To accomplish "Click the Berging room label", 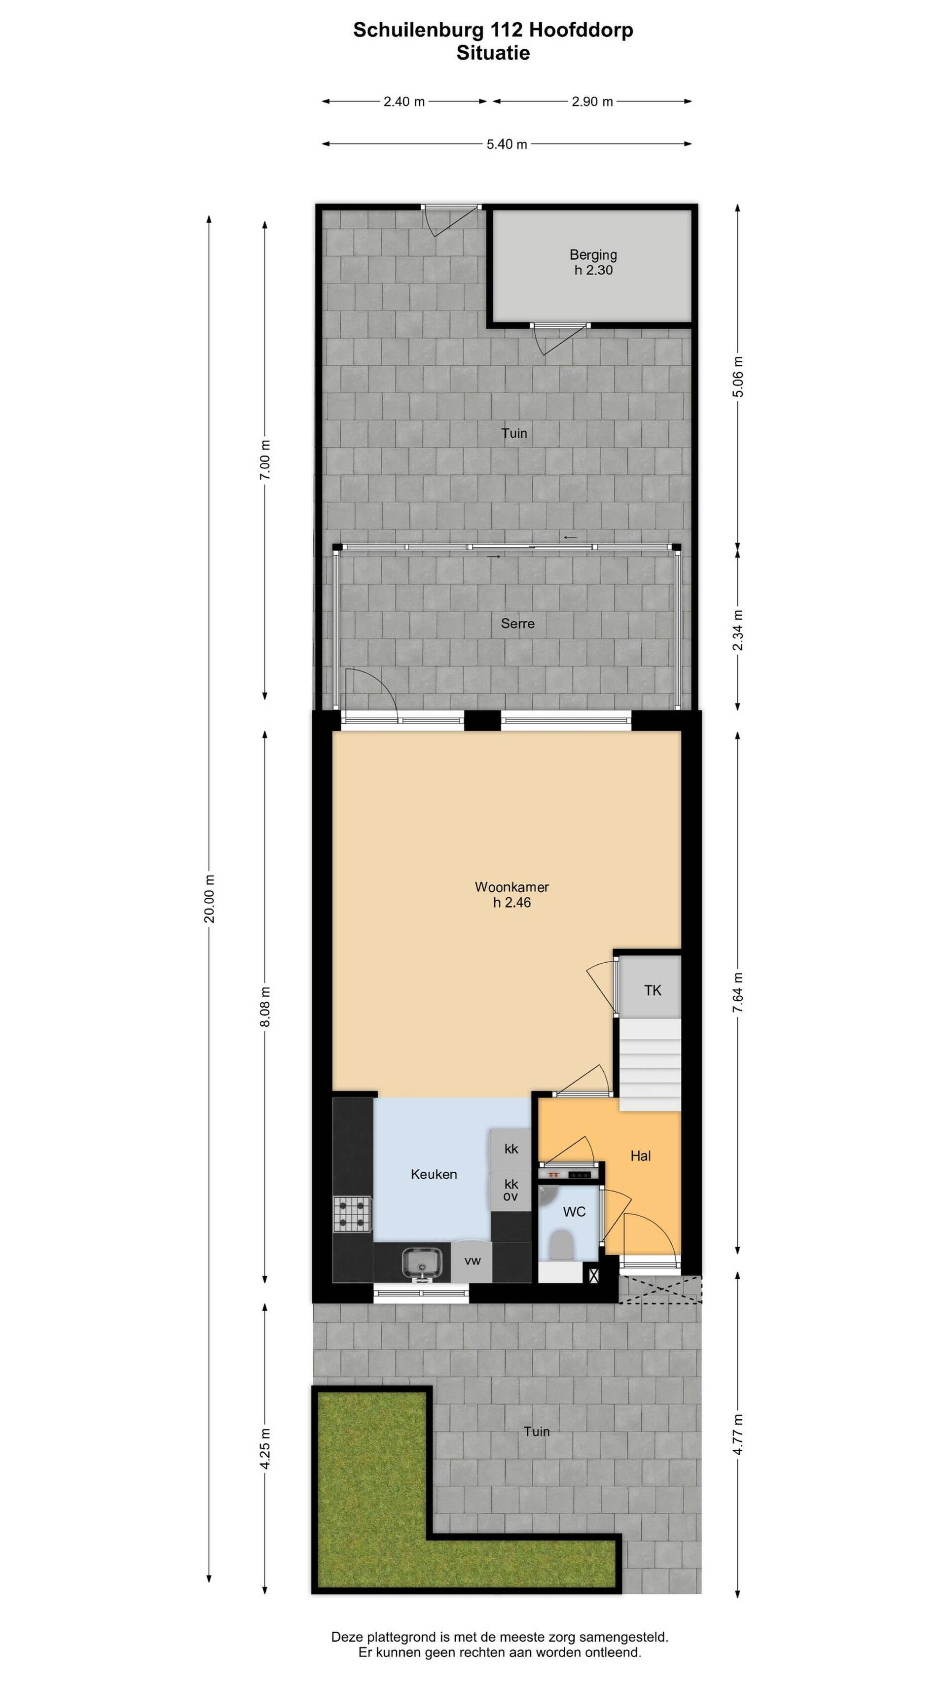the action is (592, 255).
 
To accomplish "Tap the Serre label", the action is (517, 624).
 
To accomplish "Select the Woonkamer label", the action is (511, 887).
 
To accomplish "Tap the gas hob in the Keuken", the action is (352, 1214).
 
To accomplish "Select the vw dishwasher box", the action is (472, 1260).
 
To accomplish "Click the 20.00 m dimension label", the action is (210, 898).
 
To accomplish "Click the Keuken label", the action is (434, 1174).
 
